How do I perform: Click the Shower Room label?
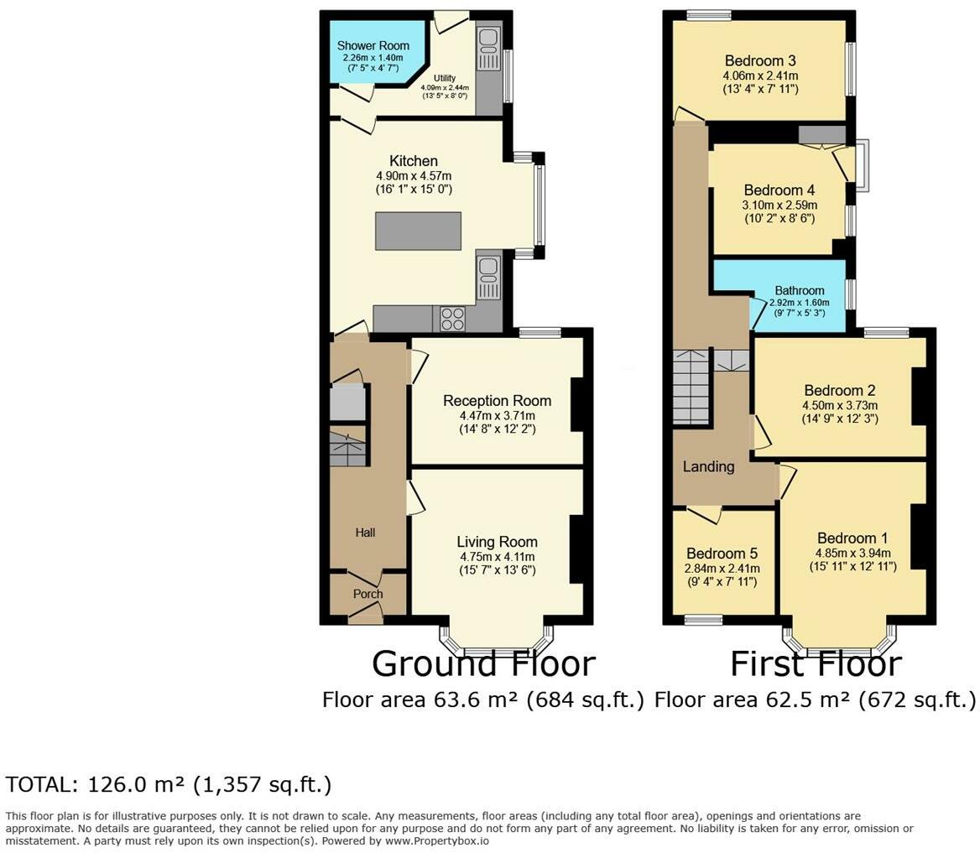(373, 45)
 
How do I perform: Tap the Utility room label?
(445, 78)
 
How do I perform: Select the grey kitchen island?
(418, 231)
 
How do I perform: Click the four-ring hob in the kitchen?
(453, 319)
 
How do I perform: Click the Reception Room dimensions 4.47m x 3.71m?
(498, 415)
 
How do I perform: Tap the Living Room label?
(497, 542)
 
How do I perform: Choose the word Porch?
(368, 594)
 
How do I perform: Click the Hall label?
(366, 533)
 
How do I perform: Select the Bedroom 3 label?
(761, 60)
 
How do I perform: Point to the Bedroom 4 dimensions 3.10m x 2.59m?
(780, 205)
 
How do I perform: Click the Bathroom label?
(800, 290)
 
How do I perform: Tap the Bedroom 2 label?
(840, 391)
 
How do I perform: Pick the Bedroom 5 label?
(722, 554)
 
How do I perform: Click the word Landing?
(709, 466)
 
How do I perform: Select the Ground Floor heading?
(484, 663)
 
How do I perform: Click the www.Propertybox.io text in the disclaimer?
(437, 841)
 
